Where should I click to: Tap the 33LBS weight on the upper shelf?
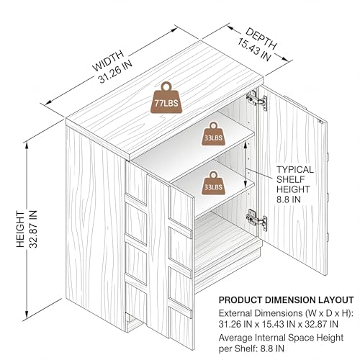(213, 134)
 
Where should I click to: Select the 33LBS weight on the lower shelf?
(213, 183)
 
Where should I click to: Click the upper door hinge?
(256, 100)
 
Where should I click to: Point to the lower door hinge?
(256, 220)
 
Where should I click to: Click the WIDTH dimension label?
(108, 60)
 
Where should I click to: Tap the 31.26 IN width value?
(115, 71)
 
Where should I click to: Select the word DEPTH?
(261, 38)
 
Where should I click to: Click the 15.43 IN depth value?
(254, 50)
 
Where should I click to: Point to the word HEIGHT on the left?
(21, 229)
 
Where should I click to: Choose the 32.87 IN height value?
(33, 229)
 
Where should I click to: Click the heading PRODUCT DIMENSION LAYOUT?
(286, 300)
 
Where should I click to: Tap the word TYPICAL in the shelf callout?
(295, 170)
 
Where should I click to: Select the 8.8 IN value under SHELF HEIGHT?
(289, 199)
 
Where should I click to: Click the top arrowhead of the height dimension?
(27, 145)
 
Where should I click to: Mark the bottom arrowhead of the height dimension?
(27, 315)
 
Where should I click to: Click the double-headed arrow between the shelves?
(246, 164)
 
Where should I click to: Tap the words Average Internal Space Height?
(281, 338)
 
